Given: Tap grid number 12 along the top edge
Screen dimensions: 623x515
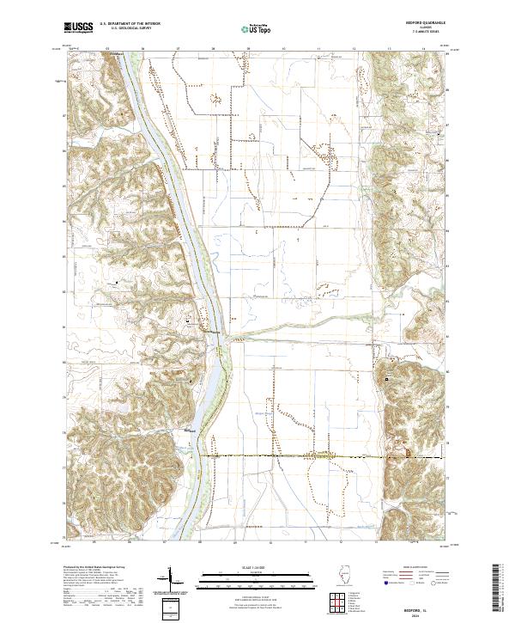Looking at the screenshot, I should tap(354, 50).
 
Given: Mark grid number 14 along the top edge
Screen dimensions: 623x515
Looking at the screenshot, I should tap(424, 50).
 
